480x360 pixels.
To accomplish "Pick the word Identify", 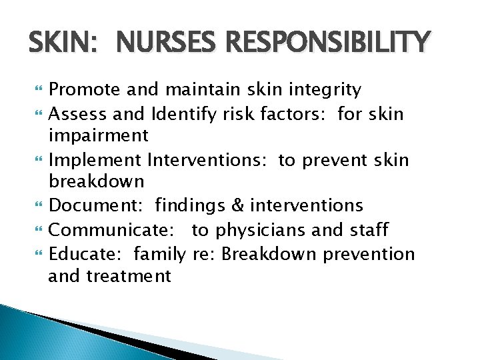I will pyautogui.click(x=184, y=115).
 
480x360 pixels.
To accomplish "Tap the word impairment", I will pyautogui.click(x=99, y=136).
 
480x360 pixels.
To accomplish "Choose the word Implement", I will pyautogui.click(x=95, y=160).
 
